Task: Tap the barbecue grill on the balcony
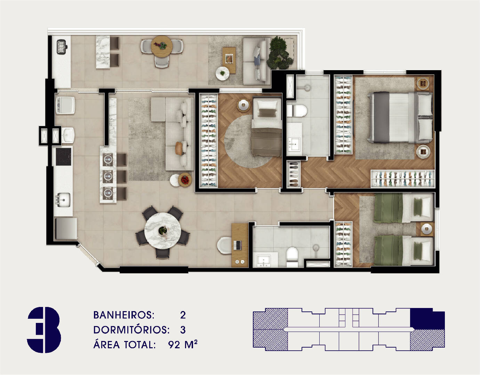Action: click(62, 47)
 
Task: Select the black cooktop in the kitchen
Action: click(63, 157)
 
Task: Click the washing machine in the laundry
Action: click(65, 105)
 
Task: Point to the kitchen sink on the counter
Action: click(63, 199)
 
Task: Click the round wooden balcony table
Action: click(162, 45)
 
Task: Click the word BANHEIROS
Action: click(123, 315)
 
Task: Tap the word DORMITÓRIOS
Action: click(131, 330)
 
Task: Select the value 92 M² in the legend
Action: click(183, 344)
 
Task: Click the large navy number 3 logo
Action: click(44, 330)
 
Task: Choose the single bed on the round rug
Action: click(266, 126)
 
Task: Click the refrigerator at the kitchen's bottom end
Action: click(66, 228)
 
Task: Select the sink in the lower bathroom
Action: click(264, 260)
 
